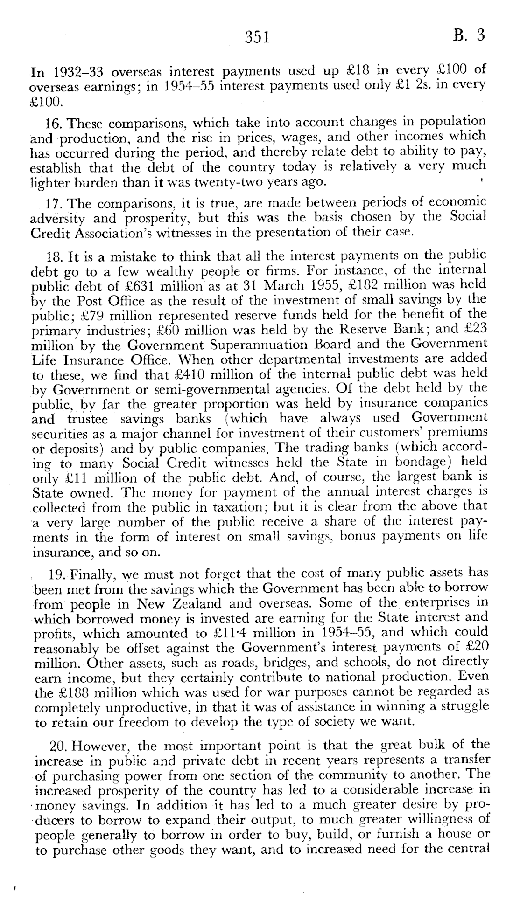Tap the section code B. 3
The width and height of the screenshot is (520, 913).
(470, 35)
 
